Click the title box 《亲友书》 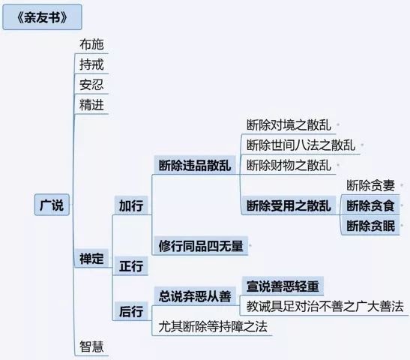click(x=42, y=17)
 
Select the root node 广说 click(x=52, y=205)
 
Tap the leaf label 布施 click(x=91, y=44)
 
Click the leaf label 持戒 click(x=91, y=64)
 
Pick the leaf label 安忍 click(x=91, y=85)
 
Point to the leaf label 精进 click(x=91, y=105)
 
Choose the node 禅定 click(x=91, y=259)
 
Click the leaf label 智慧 click(x=91, y=346)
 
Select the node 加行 click(x=131, y=205)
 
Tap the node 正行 click(x=131, y=266)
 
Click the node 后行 click(x=131, y=311)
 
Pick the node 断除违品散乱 click(x=195, y=165)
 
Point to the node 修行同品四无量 click(x=201, y=246)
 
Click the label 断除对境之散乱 click(x=289, y=125)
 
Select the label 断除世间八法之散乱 click(x=301, y=145)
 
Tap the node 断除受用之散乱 click(x=289, y=205)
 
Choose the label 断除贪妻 click(x=370, y=185)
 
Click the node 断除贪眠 click(x=370, y=226)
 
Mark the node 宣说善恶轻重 click(x=283, y=286)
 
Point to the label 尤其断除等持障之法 click(x=213, y=326)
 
